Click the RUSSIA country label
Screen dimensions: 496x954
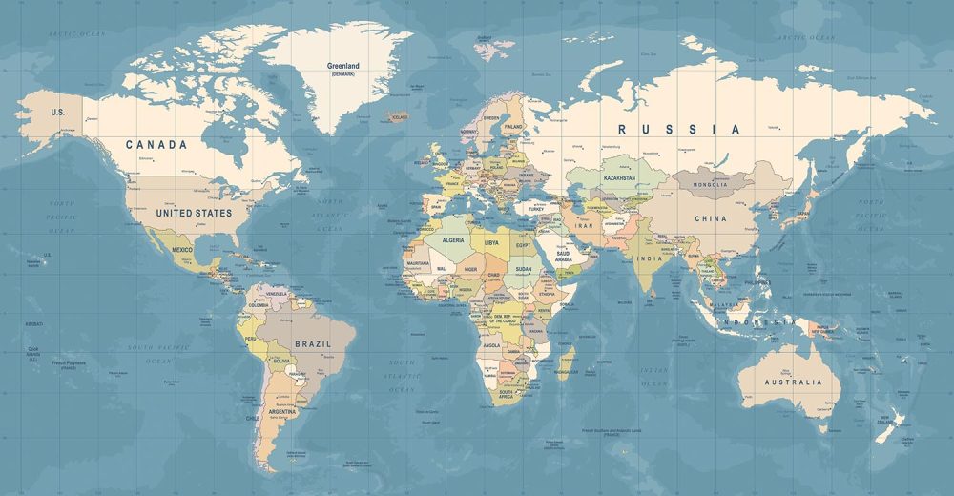click(678, 129)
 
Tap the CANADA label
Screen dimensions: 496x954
click(156, 145)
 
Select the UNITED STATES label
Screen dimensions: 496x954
click(194, 213)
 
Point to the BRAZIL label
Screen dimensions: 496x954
click(313, 343)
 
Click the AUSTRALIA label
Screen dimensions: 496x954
click(792, 382)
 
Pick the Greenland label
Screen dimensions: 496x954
click(343, 67)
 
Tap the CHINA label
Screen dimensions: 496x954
click(710, 218)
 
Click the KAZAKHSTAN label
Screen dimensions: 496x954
click(619, 178)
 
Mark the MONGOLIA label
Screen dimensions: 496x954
click(711, 184)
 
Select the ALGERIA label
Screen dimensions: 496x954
click(453, 241)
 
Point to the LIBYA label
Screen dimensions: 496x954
click(491, 242)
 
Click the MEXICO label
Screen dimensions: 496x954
click(182, 249)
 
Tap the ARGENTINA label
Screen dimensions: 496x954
click(283, 411)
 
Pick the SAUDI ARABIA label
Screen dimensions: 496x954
click(564, 256)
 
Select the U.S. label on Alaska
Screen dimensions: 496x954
click(58, 113)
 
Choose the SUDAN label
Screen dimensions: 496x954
click(524, 270)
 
